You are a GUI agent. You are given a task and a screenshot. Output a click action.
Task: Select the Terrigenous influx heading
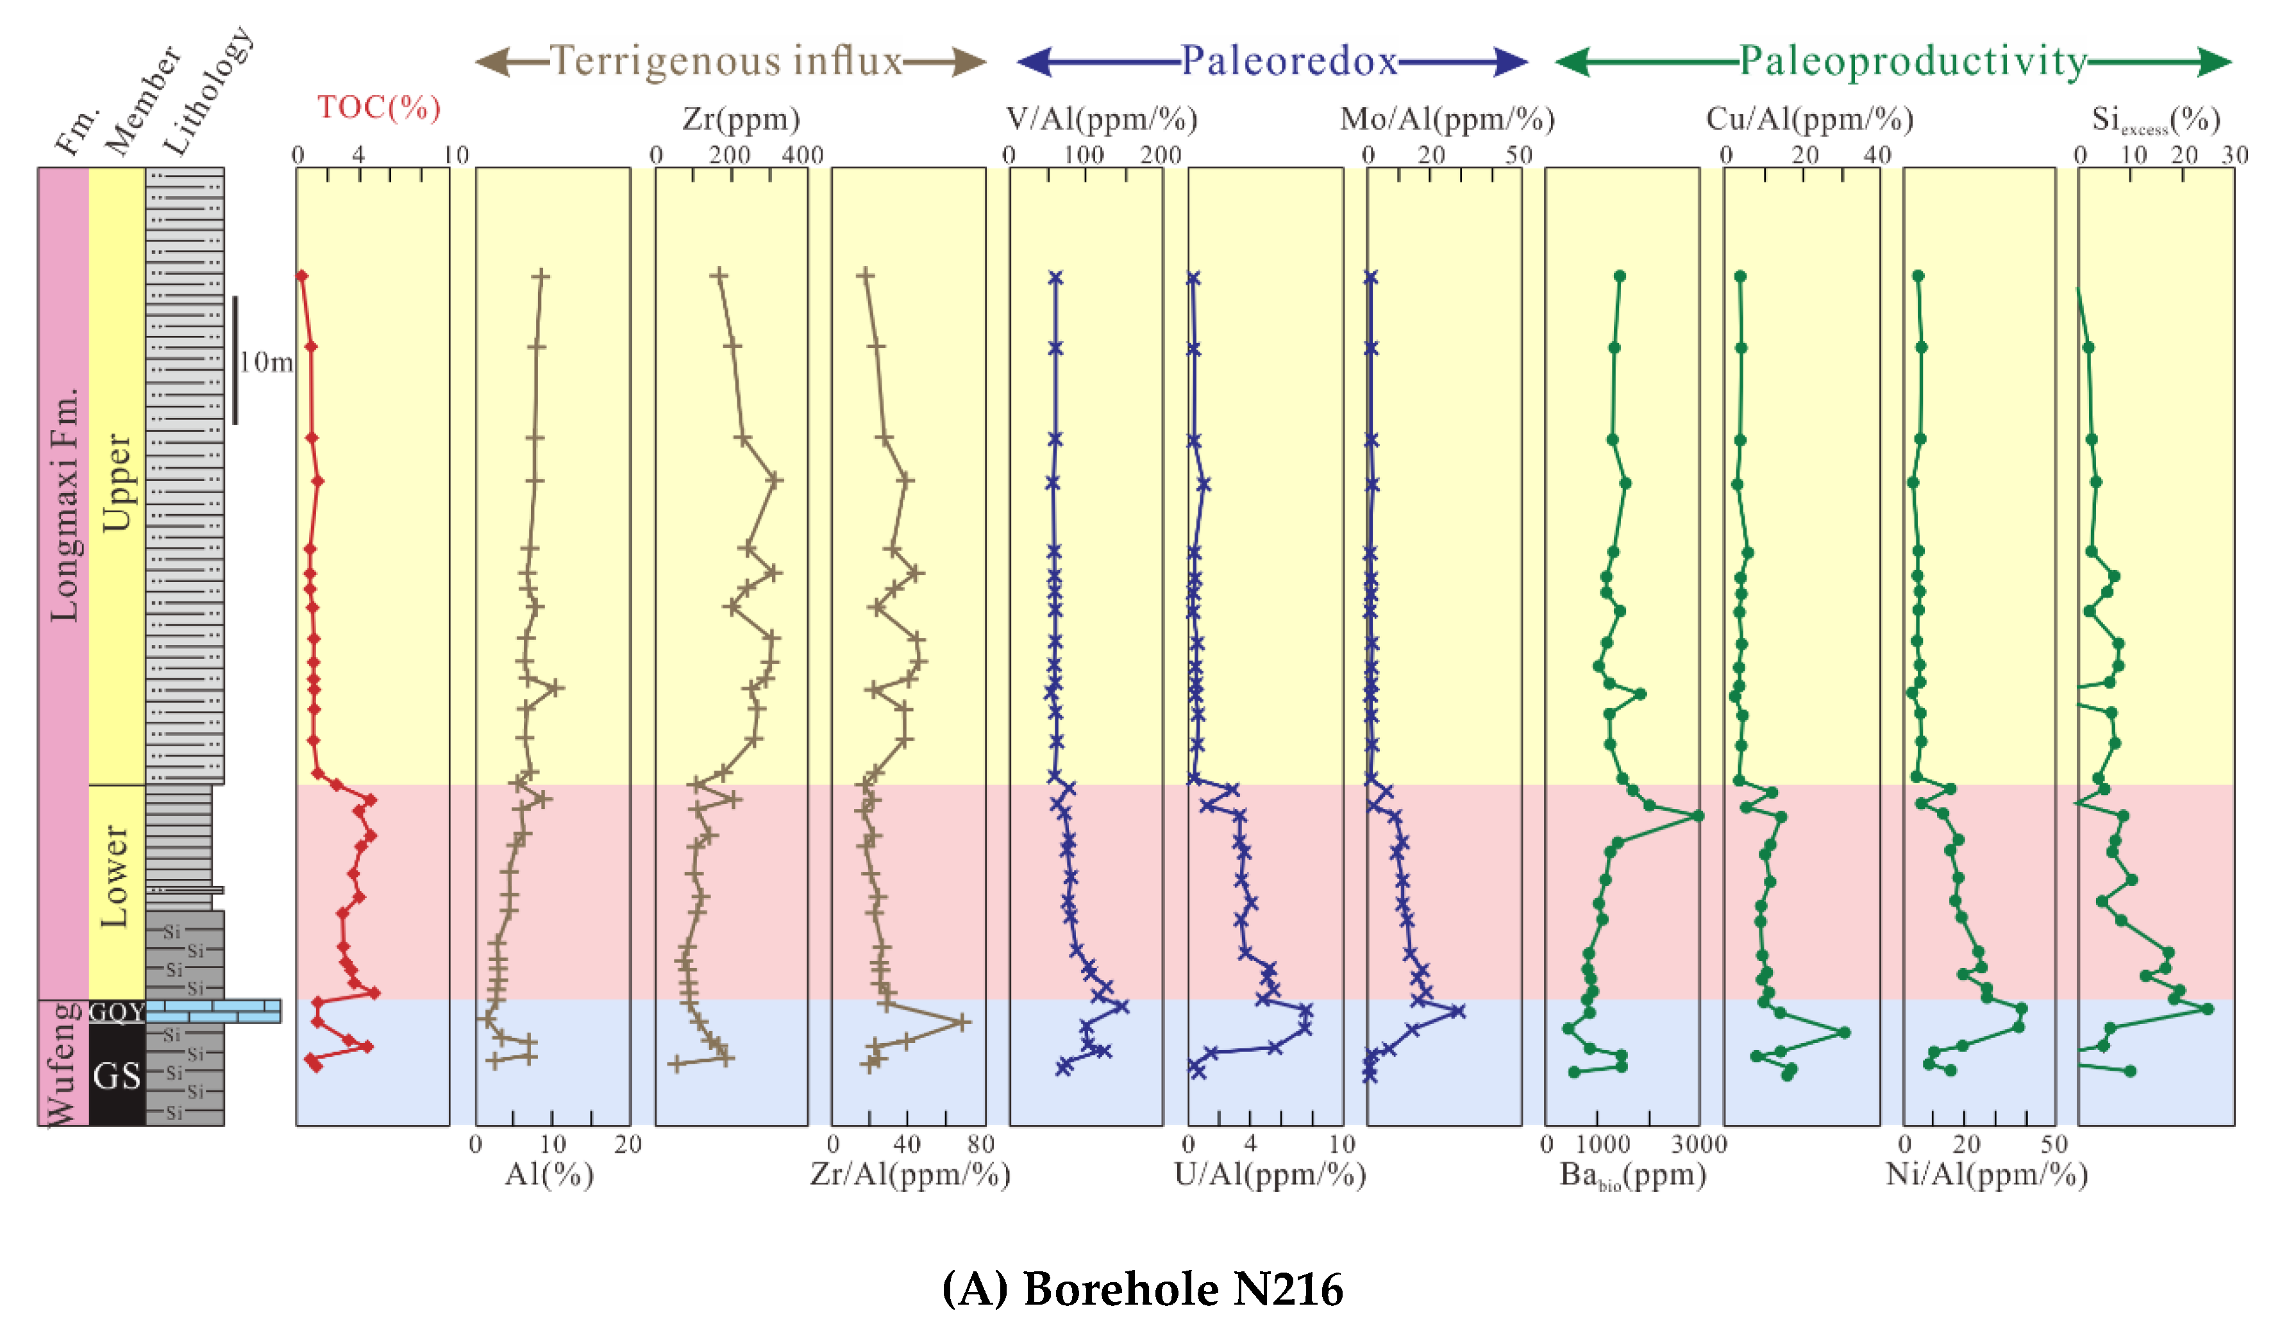pyautogui.click(x=727, y=62)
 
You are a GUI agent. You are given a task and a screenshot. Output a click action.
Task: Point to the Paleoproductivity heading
pyautogui.click(x=1912, y=62)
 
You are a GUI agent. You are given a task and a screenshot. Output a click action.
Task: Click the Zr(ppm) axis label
pyautogui.click(x=741, y=119)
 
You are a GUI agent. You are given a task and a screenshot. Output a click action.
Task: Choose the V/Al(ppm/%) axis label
pyautogui.click(x=1102, y=119)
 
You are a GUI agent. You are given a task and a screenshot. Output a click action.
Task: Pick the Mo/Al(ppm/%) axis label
pyautogui.click(x=1447, y=119)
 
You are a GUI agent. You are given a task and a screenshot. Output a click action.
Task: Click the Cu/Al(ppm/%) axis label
pyautogui.click(x=1809, y=119)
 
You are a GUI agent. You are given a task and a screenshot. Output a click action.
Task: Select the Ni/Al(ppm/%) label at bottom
pyautogui.click(x=1986, y=1175)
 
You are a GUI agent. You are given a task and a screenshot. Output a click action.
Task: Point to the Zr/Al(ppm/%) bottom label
pyautogui.click(x=909, y=1175)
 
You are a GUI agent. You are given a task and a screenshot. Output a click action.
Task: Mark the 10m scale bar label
pyautogui.click(x=266, y=362)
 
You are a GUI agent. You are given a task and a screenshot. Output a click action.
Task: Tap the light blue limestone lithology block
pyautogui.click(x=213, y=1011)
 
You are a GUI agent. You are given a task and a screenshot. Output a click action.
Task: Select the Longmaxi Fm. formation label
pyautogui.click(x=64, y=505)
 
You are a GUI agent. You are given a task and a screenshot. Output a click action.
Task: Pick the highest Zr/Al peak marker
pyautogui.click(x=962, y=1023)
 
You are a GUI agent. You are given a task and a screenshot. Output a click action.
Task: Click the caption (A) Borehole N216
pyautogui.click(x=1142, y=1289)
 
